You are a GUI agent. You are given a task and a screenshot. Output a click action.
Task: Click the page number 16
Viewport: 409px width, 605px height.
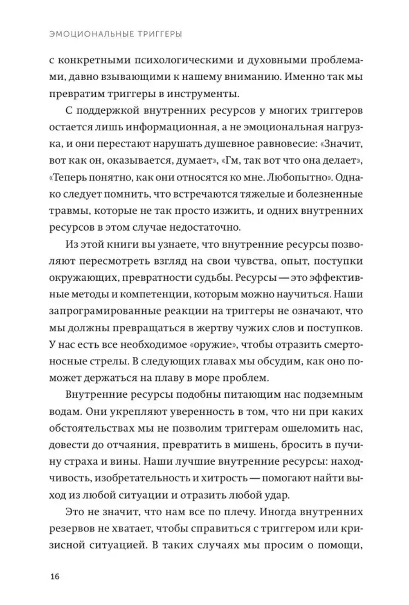click(x=55, y=577)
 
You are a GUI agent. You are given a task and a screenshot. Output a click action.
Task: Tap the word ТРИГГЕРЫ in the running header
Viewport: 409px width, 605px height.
click(x=157, y=35)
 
